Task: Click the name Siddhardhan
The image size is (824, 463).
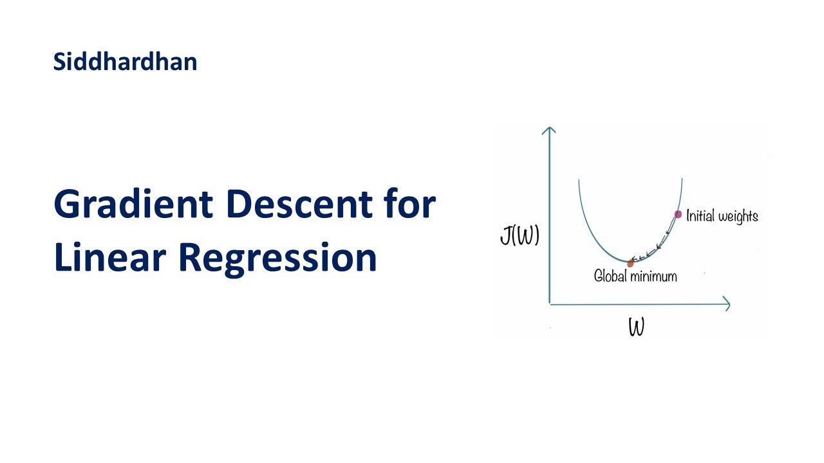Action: pyautogui.click(x=125, y=62)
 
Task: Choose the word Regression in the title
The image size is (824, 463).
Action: pyautogui.click(x=277, y=259)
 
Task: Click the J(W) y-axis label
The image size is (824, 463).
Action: pyautogui.click(x=520, y=237)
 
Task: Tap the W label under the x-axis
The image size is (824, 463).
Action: pyautogui.click(x=636, y=328)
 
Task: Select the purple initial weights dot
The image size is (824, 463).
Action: pyautogui.click(x=678, y=214)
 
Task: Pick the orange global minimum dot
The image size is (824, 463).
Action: pyautogui.click(x=630, y=263)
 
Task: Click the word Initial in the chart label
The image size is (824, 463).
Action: pyautogui.click(x=700, y=216)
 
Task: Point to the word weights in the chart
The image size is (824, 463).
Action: pyautogui.click(x=738, y=217)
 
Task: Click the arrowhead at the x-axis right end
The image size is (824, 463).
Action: pyautogui.click(x=727, y=304)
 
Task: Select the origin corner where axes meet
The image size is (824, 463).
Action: pyautogui.click(x=549, y=304)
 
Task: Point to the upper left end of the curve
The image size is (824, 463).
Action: pyautogui.click(x=579, y=181)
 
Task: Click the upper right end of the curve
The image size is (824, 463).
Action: pyautogui.click(x=681, y=180)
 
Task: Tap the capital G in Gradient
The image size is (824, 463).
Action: pyautogui.click(x=68, y=204)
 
